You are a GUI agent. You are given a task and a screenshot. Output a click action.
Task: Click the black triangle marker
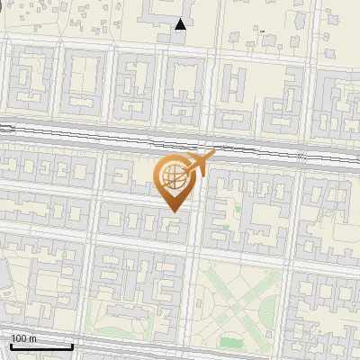[x=181, y=24]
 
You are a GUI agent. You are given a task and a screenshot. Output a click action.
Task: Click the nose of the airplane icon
[x=212, y=156]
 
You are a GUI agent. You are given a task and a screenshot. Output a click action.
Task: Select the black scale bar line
[x=41, y=346]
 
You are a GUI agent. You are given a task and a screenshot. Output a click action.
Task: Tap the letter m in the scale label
[x=31, y=338]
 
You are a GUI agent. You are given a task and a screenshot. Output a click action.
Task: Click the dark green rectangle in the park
[x=231, y=343]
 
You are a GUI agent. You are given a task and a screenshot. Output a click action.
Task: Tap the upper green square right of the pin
[x=238, y=209]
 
